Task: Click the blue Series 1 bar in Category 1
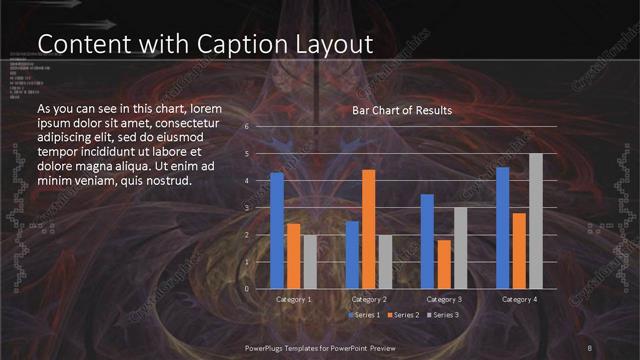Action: (277, 231)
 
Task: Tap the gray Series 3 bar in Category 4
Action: (536, 221)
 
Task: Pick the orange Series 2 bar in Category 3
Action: (444, 264)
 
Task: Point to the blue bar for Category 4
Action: (502, 228)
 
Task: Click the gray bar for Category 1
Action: (310, 262)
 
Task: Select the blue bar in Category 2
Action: (352, 255)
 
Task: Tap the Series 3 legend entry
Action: (443, 314)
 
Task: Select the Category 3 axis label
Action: (444, 299)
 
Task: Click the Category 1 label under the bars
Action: (294, 299)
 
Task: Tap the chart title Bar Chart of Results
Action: (402, 110)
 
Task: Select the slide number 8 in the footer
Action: (590, 347)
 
